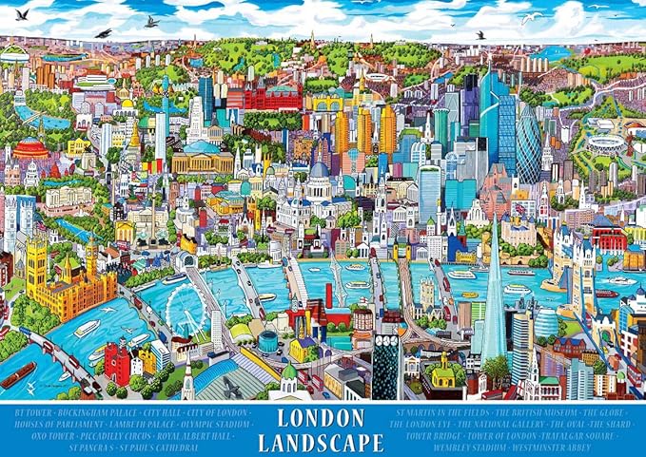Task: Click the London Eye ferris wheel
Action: pyautogui.click(x=186, y=310)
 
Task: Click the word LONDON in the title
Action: pyautogui.click(x=323, y=418)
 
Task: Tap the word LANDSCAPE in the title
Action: pyautogui.click(x=323, y=442)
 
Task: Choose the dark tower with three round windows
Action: pyautogui.click(x=385, y=365)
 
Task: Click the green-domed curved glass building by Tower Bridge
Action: pyautogui.click(x=546, y=321)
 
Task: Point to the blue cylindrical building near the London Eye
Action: pyautogui.click(x=268, y=339)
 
